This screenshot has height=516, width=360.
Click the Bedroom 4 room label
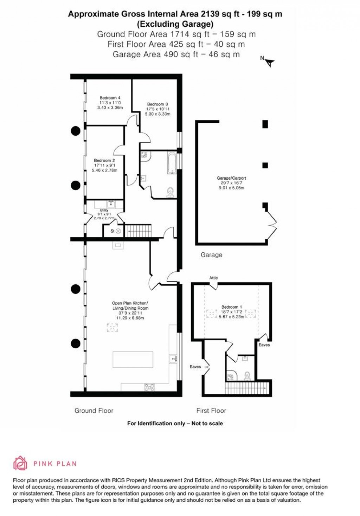coord(110,98)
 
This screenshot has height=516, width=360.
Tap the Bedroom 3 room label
coord(157,104)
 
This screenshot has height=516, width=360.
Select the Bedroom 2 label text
coord(104,160)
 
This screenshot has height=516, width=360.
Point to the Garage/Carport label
coord(231,178)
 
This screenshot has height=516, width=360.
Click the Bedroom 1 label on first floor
coord(231,307)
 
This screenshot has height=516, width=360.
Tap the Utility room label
coord(104,210)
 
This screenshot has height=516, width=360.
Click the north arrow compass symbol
coord(269,62)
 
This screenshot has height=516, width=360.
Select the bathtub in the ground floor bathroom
coord(172,162)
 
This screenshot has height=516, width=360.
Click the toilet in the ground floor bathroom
coord(171,192)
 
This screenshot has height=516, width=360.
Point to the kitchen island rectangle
coord(133,359)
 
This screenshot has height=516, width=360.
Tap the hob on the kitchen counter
coord(149,387)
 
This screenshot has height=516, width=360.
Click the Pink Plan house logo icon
coord(20,463)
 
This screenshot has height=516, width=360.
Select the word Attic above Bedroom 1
coord(213,278)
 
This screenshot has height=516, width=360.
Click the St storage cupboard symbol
coord(118,231)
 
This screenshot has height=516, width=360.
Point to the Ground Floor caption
coord(94,411)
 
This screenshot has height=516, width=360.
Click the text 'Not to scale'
coord(207,423)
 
